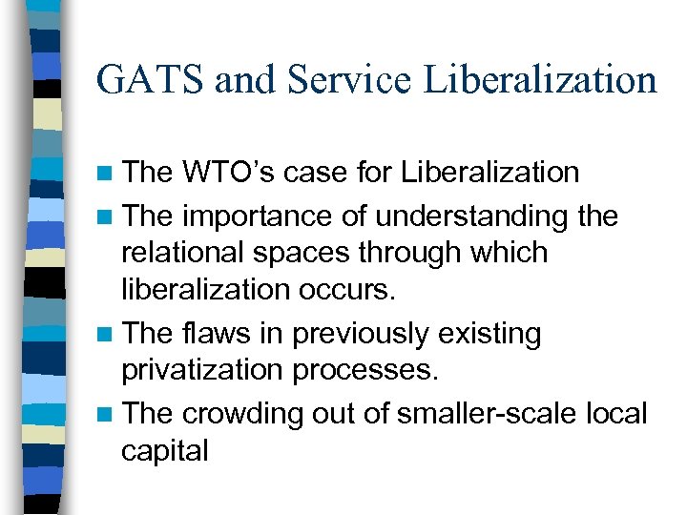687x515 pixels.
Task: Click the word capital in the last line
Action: tap(164, 449)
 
